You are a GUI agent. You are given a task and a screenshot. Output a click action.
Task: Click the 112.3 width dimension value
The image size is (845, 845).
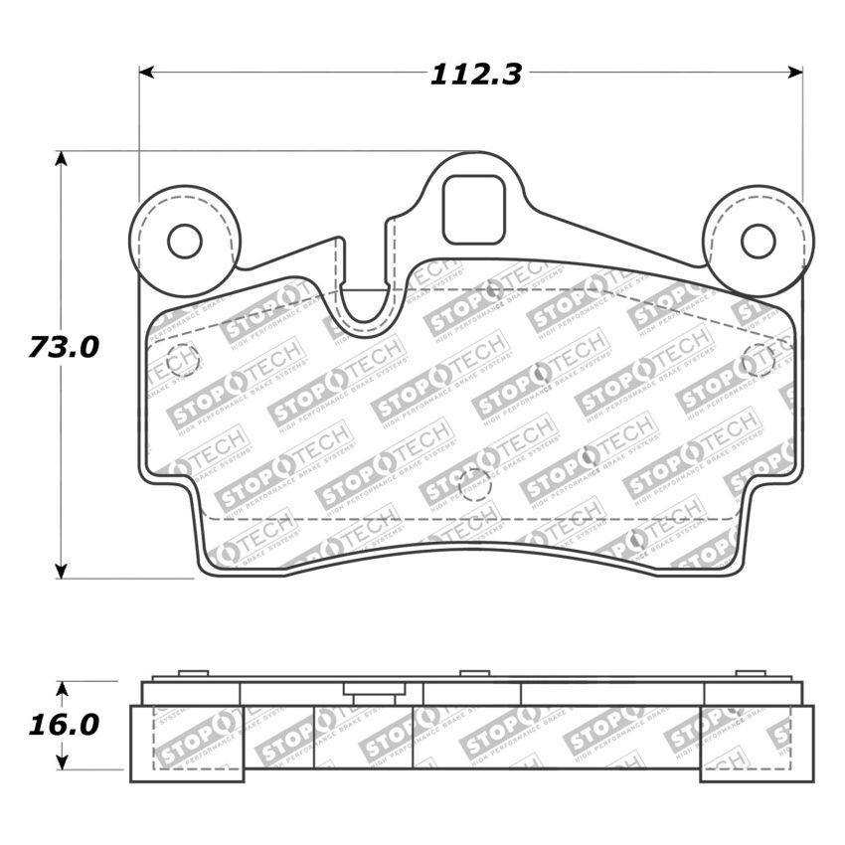476,75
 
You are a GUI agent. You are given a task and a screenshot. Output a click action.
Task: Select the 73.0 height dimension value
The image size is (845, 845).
64,348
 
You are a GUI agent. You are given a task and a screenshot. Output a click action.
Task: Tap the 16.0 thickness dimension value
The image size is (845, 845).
64,725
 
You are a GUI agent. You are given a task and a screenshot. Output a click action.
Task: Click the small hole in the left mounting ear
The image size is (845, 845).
184,241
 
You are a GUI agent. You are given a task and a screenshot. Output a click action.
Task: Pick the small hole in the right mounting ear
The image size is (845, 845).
758,241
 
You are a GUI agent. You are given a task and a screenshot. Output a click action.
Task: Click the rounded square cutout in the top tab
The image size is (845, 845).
473,210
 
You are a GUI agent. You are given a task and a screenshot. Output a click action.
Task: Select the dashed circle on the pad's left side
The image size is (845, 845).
183,360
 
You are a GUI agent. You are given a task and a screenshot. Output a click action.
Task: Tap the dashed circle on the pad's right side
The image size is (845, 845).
759,360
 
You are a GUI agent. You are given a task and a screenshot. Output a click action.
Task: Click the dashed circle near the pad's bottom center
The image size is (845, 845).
475,486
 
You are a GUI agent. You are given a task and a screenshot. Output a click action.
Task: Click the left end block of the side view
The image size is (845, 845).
186,743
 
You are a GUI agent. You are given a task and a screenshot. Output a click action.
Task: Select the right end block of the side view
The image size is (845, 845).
757,743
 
